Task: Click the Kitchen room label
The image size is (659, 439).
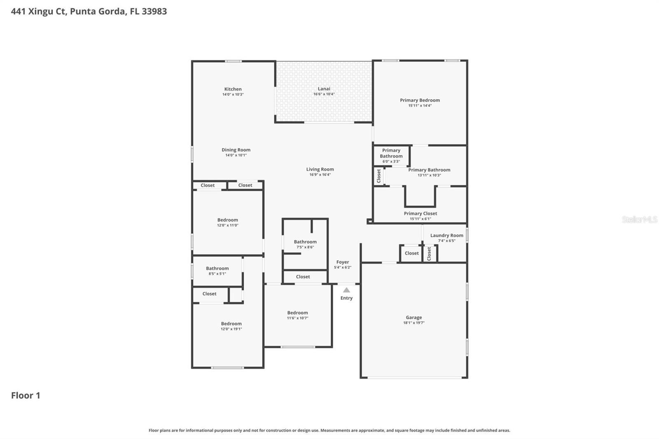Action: click(x=233, y=89)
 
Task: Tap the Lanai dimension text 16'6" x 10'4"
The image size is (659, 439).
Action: click(x=324, y=94)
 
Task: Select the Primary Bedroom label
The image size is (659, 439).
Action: click(x=420, y=100)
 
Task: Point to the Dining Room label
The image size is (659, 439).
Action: click(x=236, y=150)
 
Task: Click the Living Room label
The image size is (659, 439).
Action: click(x=320, y=169)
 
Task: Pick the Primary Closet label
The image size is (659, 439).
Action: click(x=420, y=213)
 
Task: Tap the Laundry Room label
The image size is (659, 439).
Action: click(x=446, y=236)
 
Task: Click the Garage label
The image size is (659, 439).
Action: click(x=414, y=318)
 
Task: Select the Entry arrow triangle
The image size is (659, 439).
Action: click(x=346, y=290)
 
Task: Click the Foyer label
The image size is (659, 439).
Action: click(x=342, y=262)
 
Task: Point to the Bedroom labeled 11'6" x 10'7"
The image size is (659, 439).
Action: click(x=297, y=313)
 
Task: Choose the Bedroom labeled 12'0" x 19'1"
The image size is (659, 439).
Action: click(x=231, y=324)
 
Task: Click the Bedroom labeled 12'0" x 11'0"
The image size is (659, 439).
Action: click(x=227, y=220)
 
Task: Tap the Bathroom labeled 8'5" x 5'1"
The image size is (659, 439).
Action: click(x=217, y=269)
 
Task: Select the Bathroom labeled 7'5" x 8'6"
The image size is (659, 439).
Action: click(x=305, y=242)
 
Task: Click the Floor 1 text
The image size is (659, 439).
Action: click(x=26, y=395)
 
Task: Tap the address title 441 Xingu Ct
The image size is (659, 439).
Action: click(x=89, y=12)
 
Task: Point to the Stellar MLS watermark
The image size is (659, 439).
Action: click(x=639, y=219)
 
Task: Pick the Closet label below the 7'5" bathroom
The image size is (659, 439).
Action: click(x=303, y=277)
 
